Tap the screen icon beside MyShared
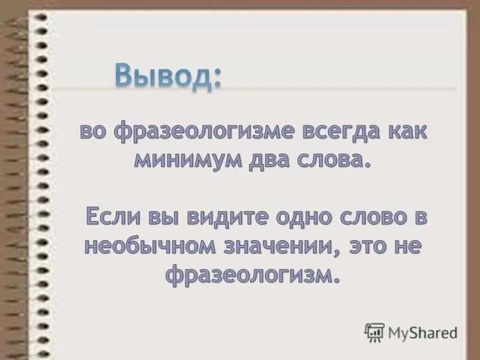click(374, 332)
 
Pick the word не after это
click(409, 246)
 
